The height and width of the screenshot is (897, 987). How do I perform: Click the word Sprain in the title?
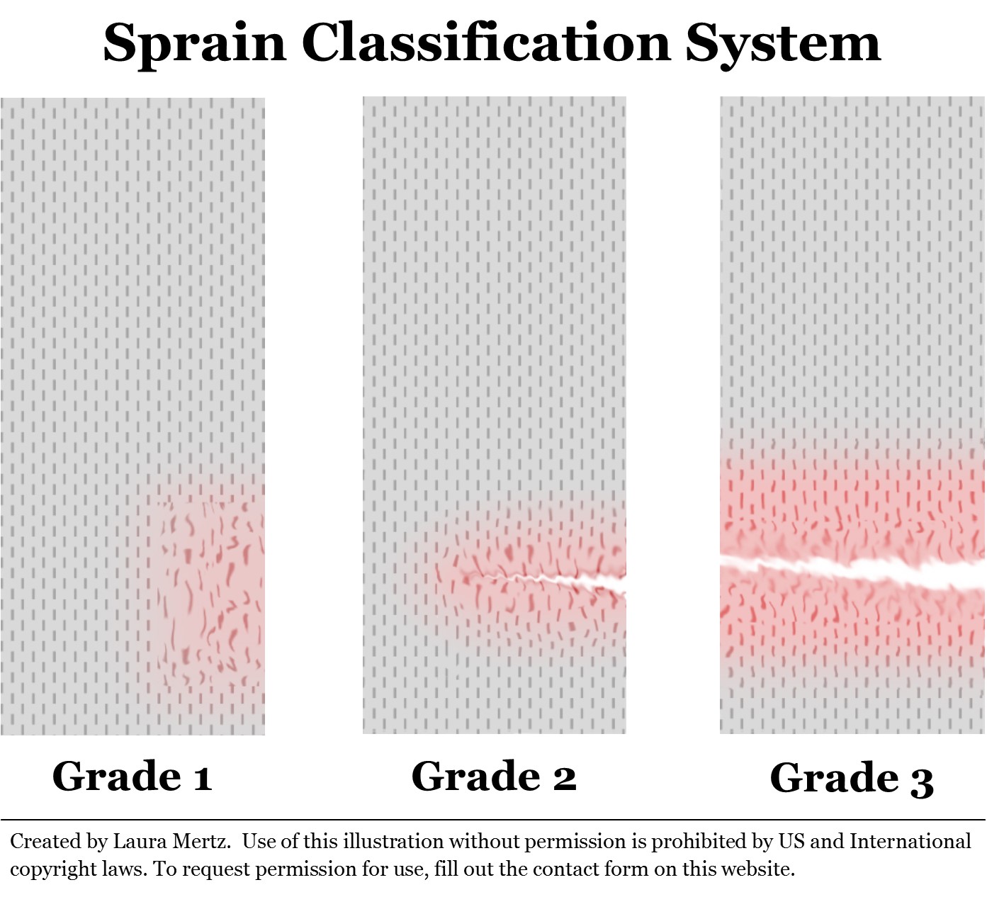click(194, 43)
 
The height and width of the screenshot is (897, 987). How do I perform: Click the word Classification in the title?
click(485, 43)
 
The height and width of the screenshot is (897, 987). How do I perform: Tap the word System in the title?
click(783, 43)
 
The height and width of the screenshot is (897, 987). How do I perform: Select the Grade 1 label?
click(132, 776)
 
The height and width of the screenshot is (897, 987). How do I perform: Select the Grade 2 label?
click(493, 776)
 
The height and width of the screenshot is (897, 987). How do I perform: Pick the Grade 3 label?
click(851, 779)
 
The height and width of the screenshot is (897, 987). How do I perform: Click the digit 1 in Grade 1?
click(203, 777)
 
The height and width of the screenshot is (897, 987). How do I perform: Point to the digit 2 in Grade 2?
click(564, 777)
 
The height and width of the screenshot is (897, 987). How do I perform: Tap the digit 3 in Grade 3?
click(922, 781)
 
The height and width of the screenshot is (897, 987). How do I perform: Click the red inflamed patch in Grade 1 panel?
click(209, 588)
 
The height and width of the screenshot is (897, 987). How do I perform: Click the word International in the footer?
click(910, 841)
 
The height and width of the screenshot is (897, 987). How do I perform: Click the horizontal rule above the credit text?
click(493, 820)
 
